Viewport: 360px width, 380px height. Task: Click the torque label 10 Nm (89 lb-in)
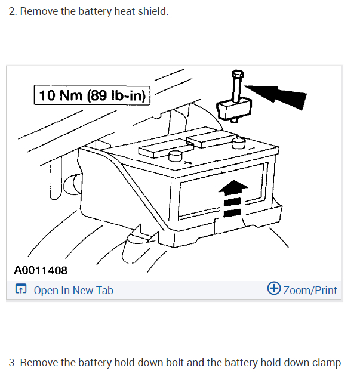pyautogui.click(x=93, y=95)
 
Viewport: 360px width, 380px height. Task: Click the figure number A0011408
pyautogui.click(x=41, y=271)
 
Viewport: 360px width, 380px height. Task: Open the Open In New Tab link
pyautogui.click(x=73, y=291)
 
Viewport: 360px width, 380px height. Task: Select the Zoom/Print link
pyautogui.click(x=310, y=291)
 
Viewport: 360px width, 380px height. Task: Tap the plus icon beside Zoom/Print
pyautogui.click(x=274, y=289)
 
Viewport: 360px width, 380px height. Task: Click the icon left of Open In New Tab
pyautogui.click(x=21, y=290)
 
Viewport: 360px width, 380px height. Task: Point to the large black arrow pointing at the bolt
pyautogui.click(x=278, y=94)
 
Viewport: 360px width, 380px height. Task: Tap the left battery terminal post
pyautogui.click(x=175, y=156)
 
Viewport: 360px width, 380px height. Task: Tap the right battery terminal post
pyautogui.click(x=239, y=143)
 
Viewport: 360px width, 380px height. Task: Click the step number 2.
pyautogui.click(x=12, y=12)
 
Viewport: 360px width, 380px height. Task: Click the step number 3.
pyautogui.click(x=12, y=362)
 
